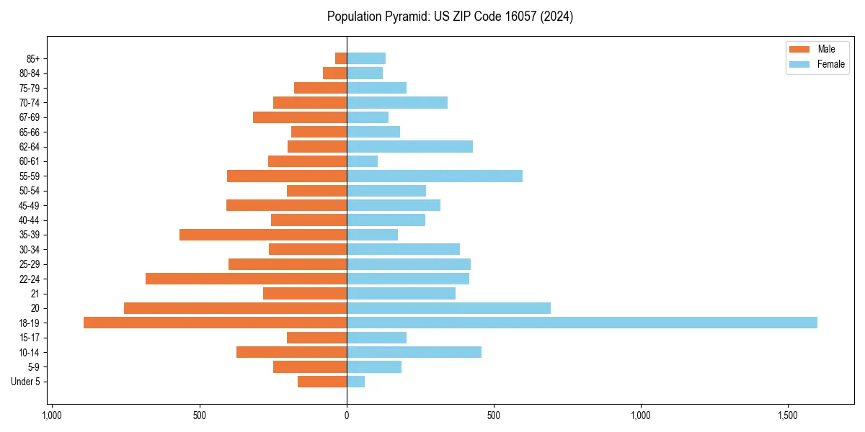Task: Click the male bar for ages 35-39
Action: (x=263, y=235)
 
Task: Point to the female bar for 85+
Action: (x=366, y=58)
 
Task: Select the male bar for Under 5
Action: (x=322, y=382)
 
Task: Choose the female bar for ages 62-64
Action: (x=409, y=146)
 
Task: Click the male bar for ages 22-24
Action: (x=246, y=279)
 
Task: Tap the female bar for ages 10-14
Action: (x=414, y=352)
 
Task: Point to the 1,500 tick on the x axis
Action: (x=788, y=415)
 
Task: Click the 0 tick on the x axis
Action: (x=347, y=415)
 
